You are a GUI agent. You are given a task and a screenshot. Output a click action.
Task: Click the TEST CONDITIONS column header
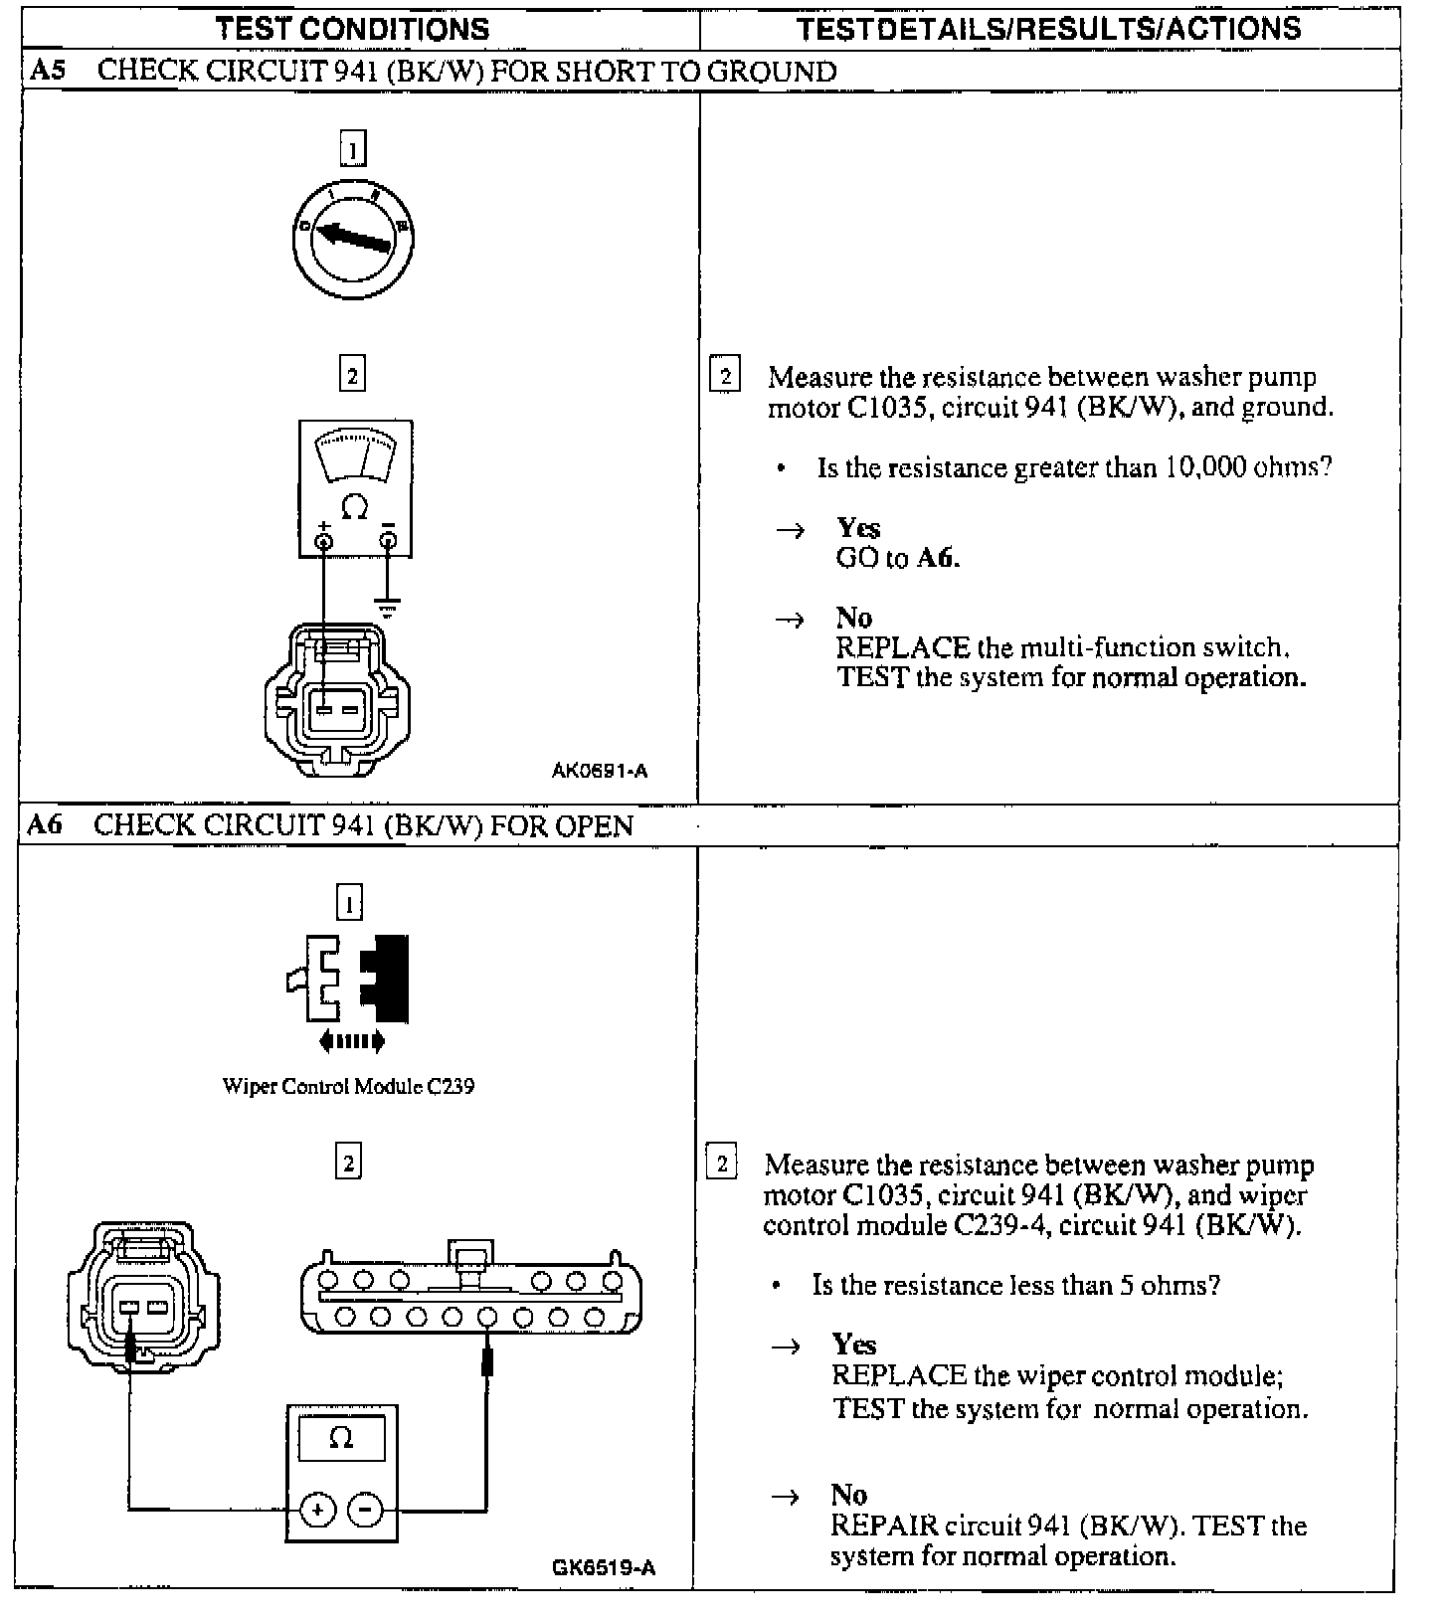pyautogui.click(x=353, y=29)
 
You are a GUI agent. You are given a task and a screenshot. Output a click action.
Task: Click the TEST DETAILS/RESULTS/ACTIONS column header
pyautogui.click(x=1048, y=29)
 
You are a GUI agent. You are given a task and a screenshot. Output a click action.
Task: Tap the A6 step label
pyautogui.click(x=46, y=825)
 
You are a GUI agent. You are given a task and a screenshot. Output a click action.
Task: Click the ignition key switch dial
pyautogui.click(x=353, y=239)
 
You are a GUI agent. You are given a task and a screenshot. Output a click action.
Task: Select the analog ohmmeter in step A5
pyautogui.click(x=355, y=488)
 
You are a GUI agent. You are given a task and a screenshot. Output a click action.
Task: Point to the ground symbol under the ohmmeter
pyautogui.click(x=388, y=606)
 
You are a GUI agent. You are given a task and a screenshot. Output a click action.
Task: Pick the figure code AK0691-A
pyautogui.click(x=600, y=771)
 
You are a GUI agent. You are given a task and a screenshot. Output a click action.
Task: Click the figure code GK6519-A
pyautogui.click(x=604, y=1568)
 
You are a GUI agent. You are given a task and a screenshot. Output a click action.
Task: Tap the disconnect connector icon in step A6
pyautogui.click(x=349, y=980)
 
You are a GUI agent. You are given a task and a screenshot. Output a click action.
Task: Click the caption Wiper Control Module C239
pyautogui.click(x=348, y=1086)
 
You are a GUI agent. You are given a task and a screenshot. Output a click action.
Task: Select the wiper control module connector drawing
pyautogui.click(x=470, y=1293)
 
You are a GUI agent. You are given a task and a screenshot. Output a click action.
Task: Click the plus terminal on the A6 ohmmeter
pyautogui.click(x=317, y=1511)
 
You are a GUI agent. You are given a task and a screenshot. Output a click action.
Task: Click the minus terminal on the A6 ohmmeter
pyautogui.click(x=366, y=1511)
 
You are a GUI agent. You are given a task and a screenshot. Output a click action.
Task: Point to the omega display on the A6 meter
pyautogui.click(x=341, y=1439)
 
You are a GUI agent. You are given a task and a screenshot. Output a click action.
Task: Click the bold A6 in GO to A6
pyautogui.click(x=936, y=558)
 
